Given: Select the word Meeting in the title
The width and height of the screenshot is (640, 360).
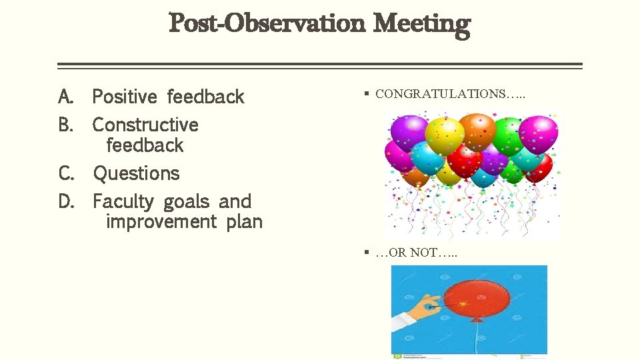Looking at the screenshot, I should [x=421, y=24].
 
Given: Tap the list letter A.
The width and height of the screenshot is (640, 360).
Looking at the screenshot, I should [x=65, y=97].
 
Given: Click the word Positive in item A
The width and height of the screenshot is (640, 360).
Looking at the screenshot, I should [x=125, y=97].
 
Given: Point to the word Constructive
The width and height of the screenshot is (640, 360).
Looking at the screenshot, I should [x=145, y=125].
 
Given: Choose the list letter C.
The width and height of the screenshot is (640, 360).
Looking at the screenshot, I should [x=66, y=174].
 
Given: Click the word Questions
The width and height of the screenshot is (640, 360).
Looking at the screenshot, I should [x=137, y=174].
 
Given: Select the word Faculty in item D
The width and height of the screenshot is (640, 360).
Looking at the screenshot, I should [x=123, y=202].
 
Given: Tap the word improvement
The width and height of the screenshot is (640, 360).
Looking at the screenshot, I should [x=161, y=222].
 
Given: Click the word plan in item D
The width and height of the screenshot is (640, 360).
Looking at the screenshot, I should [x=245, y=222].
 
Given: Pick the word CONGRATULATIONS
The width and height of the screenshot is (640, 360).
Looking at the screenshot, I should [x=440, y=95].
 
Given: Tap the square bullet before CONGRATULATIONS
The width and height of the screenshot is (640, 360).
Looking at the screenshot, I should [x=367, y=94].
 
